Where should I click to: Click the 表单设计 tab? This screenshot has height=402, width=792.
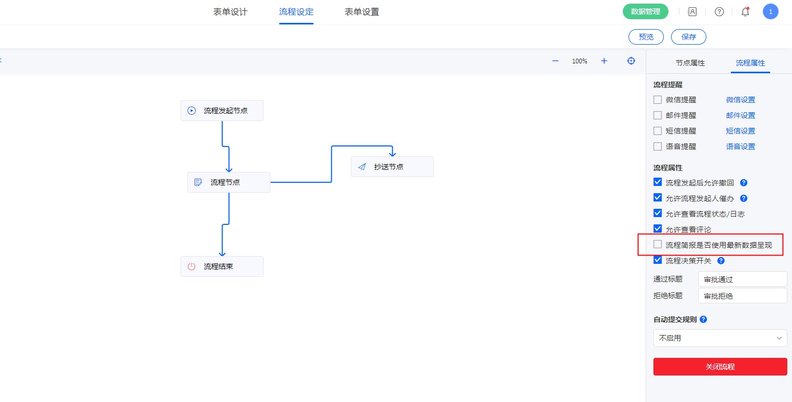(230, 12)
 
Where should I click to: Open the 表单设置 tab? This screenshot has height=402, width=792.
(362, 12)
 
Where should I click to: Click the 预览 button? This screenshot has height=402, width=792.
(646, 37)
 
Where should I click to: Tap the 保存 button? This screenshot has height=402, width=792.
(688, 37)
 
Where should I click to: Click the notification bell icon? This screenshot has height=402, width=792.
(745, 12)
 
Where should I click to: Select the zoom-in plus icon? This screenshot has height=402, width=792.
(604, 61)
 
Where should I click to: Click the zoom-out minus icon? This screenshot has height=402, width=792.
(555, 61)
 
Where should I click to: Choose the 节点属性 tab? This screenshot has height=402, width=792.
(690, 63)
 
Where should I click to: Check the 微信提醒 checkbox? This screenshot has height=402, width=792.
(658, 100)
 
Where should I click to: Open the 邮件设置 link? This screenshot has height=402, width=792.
(741, 115)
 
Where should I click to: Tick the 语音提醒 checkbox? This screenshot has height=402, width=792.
(658, 146)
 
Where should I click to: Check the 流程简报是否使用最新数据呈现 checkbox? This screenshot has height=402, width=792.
(658, 245)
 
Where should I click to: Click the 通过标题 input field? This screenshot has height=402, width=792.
(742, 279)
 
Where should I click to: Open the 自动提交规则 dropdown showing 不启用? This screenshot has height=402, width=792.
(720, 338)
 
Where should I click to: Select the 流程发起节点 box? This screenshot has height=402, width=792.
(222, 111)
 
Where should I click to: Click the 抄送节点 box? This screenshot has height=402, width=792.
(392, 167)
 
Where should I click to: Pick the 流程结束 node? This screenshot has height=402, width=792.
(222, 266)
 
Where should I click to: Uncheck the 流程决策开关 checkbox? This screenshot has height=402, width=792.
(658, 260)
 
